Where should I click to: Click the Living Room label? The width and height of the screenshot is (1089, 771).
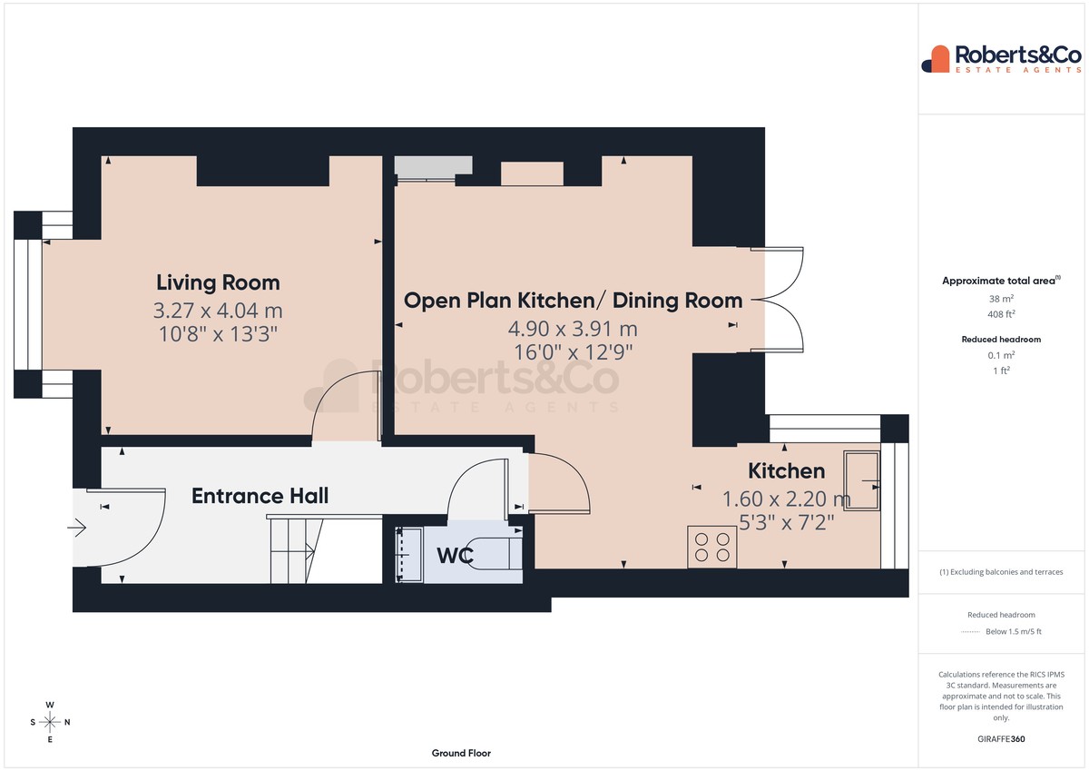pyautogui.click(x=218, y=282)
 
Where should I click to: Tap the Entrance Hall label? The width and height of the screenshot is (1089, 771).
pyautogui.click(x=260, y=496)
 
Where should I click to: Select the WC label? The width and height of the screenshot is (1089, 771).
pyautogui.click(x=455, y=556)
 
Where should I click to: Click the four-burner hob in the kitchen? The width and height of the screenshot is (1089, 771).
pyautogui.click(x=711, y=547)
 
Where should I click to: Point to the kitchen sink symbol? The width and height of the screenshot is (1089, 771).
pyautogui.click(x=861, y=480)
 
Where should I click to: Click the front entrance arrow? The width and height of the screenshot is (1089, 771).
pyautogui.click(x=77, y=528)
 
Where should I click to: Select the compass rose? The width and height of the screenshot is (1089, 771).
pyautogui.click(x=50, y=722)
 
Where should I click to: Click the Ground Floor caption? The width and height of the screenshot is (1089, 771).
pyautogui.click(x=461, y=753)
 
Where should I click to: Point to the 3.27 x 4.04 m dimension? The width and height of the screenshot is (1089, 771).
pyautogui.click(x=218, y=311)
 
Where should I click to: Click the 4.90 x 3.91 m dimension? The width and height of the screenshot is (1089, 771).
pyautogui.click(x=573, y=329)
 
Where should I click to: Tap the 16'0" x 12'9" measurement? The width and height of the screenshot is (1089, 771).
pyautogui.click(x=574, y=352)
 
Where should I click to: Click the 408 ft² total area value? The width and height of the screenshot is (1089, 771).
pyautogui.click(x=1001, y=314)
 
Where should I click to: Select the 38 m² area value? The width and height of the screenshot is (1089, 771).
pyautogui.click(x=1001, y=299)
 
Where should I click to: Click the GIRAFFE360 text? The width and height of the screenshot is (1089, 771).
pyautogui.click(x=1001, y=739)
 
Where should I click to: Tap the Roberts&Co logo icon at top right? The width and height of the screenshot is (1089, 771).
pyautogui.click(x=936, y=59)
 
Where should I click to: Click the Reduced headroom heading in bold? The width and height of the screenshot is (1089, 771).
pyautogui.click(x=1001, y=340)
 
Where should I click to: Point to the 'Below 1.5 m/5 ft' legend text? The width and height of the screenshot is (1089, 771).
pyautogui.click(x=1014, y=631)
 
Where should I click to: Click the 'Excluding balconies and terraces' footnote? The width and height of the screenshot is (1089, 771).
pyautogui.click(x=1001, y=572)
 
